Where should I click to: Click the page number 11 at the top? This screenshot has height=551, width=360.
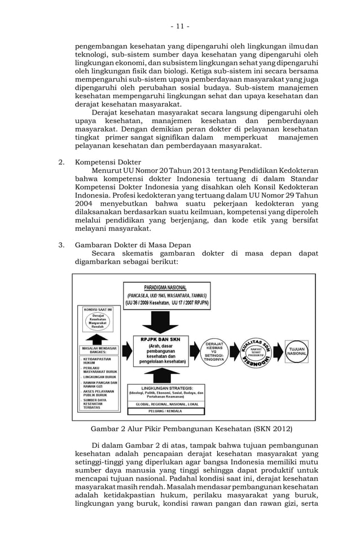pos(180,27)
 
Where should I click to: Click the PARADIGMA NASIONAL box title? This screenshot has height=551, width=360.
pos(165,287)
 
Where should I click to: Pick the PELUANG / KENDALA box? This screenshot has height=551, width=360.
pos(165,412)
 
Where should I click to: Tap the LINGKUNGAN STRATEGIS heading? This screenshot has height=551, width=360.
pos(166,388)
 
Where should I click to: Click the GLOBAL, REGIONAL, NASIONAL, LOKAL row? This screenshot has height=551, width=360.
pos(165,404)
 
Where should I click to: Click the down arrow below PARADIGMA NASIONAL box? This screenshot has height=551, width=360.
pos(160,322)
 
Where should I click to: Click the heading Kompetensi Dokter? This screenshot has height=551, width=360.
pos(108,162)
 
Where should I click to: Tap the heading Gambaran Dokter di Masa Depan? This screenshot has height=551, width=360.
pos(133,244)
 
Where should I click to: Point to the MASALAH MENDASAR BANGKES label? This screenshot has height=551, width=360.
pos(98,351)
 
